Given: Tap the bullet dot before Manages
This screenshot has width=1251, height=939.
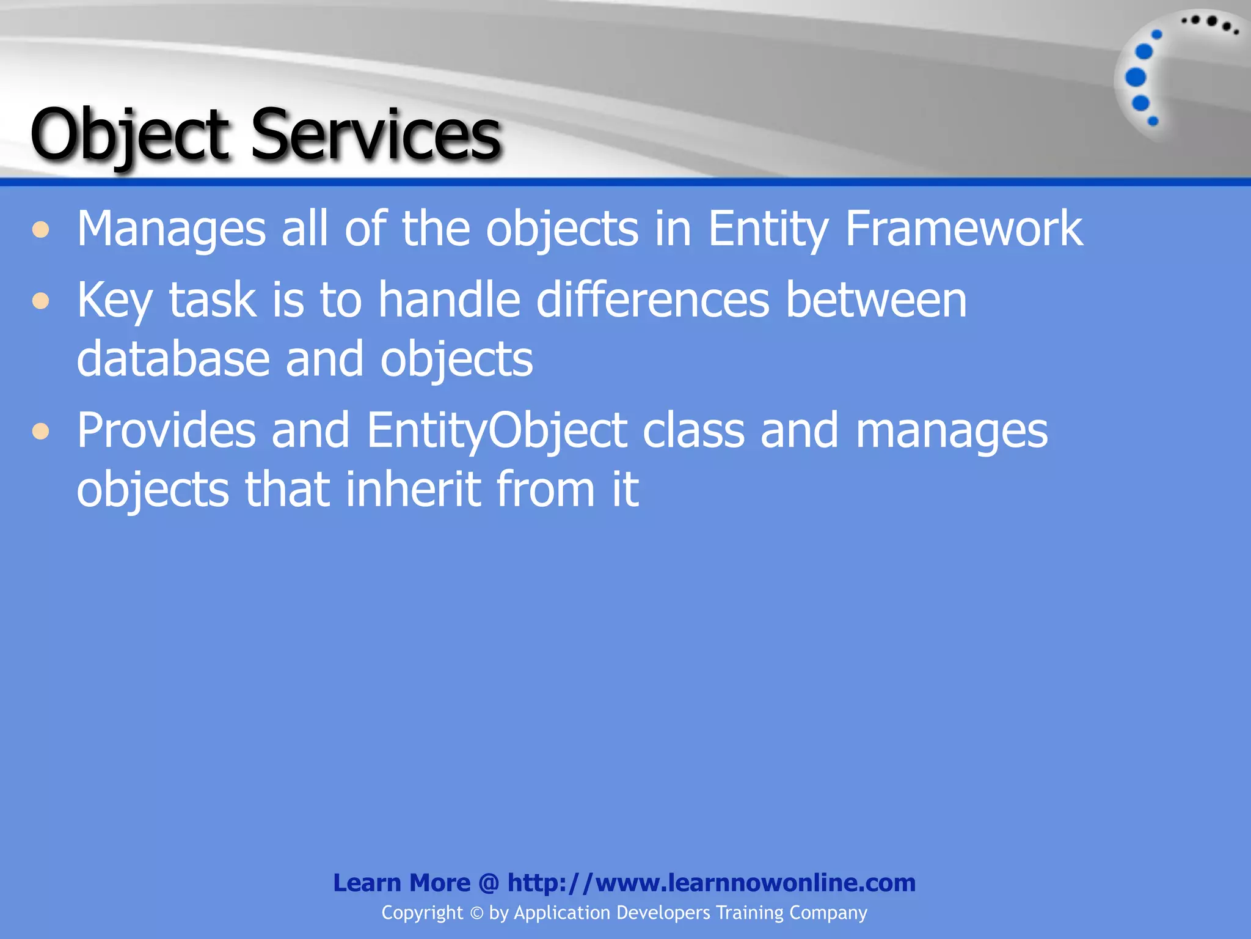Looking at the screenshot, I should click(41, 230).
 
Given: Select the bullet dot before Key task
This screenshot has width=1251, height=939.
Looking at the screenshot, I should click(41, 301).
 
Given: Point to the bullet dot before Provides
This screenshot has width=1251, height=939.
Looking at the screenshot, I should click(41, 432).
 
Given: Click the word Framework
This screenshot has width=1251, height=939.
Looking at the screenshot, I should click(963, 229).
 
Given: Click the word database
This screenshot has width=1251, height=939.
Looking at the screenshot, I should click(173, 359).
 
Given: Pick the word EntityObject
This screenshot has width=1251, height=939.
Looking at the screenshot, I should click(497, 432).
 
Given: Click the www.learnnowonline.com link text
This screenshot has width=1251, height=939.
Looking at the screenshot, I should click(755, 883).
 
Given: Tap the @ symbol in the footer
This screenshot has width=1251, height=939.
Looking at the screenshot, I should click(489, 883).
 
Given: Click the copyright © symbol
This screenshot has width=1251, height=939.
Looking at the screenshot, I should click(476, 913).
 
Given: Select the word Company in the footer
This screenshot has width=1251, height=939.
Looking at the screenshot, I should click(828, 913).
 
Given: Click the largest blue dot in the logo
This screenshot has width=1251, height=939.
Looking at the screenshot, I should click(1136, 78).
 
